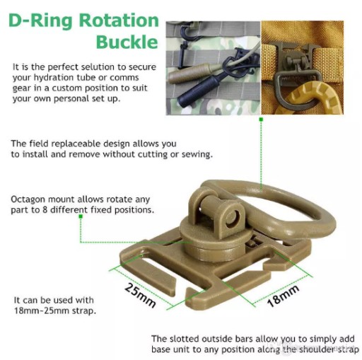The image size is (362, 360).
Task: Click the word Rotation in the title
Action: pyautogui.click(x=119, y=21)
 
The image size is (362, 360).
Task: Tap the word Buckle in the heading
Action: pyautogui.click(x=127, y=42)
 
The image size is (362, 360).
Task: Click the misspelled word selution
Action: pyautogui.click(x=89, y=67)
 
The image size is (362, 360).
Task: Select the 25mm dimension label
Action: pyautogui.click(x=140, y=296)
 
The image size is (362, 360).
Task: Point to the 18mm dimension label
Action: pyautogui.click(x=283, y=296)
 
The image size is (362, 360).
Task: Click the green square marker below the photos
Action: pyautogui.click(x=261, y=120)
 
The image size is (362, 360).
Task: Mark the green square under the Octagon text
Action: pyautogui.click(x=81, y=216)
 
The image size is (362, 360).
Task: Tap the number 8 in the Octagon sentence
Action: pyautogui.click(x=45, y=210)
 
